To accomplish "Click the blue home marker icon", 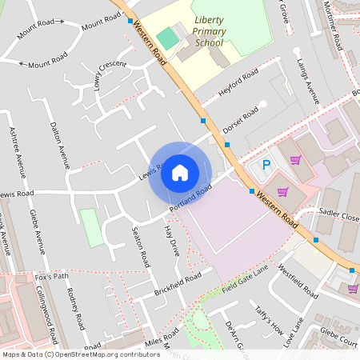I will click(x=180, y=173).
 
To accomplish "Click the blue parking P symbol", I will click(x=266, y=165).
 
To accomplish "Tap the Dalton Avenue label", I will click(x=60, y=146).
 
